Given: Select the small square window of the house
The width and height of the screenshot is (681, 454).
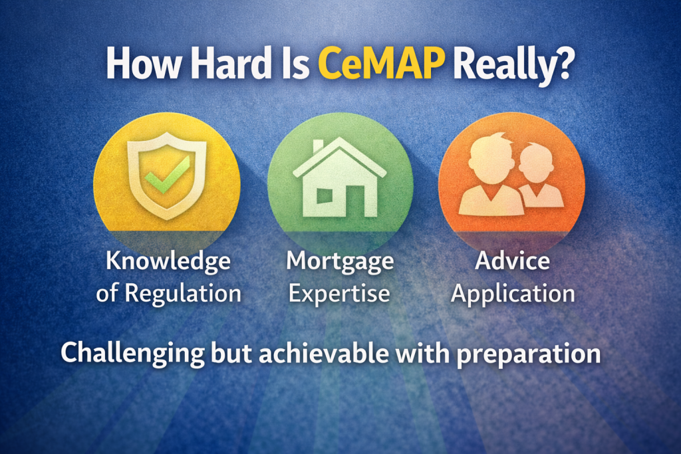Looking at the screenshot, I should (325, 195).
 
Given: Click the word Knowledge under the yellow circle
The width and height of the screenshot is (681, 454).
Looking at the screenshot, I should (168, 261).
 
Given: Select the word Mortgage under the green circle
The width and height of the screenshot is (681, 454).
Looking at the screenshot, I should (340, 261).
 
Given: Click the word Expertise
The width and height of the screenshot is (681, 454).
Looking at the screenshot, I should (340, 292).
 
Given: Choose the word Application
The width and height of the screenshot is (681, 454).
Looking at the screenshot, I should (512, 292).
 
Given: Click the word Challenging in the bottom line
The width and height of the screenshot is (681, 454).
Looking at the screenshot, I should (133, 353).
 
